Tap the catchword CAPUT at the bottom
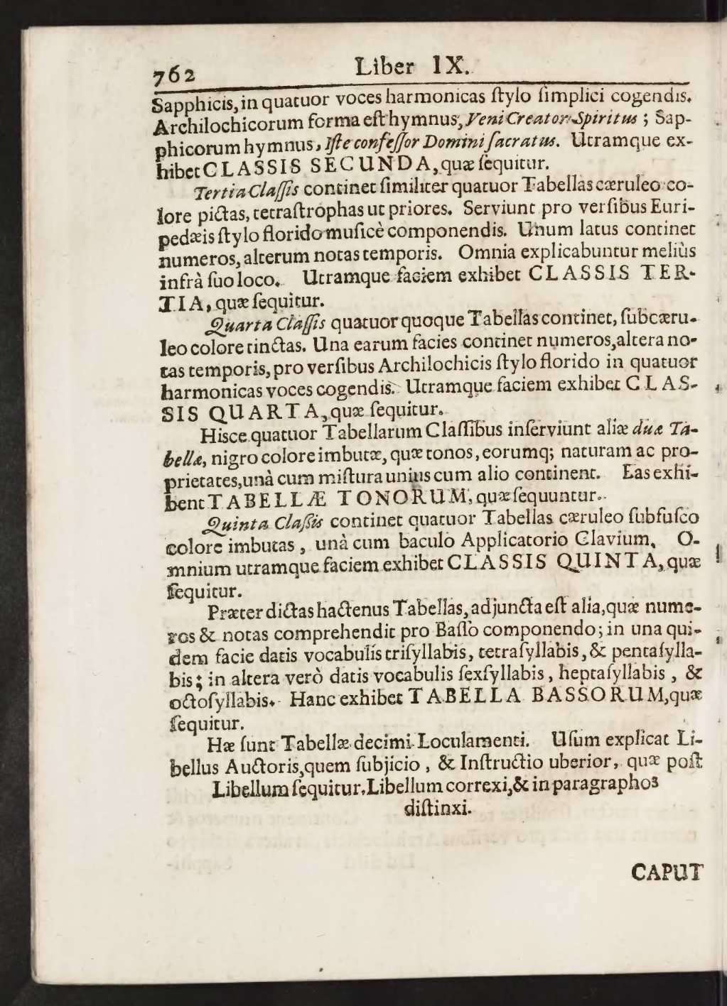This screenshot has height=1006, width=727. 666,871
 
